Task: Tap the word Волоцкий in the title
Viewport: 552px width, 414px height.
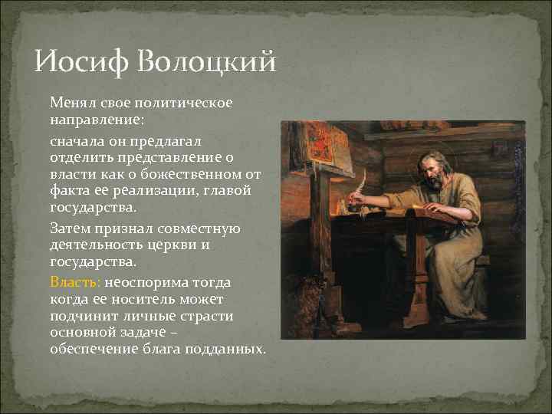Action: tap(207, 61)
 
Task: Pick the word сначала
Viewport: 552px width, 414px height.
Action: tap(79, 141)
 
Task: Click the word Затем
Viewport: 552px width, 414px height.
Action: tap(71, 228)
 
